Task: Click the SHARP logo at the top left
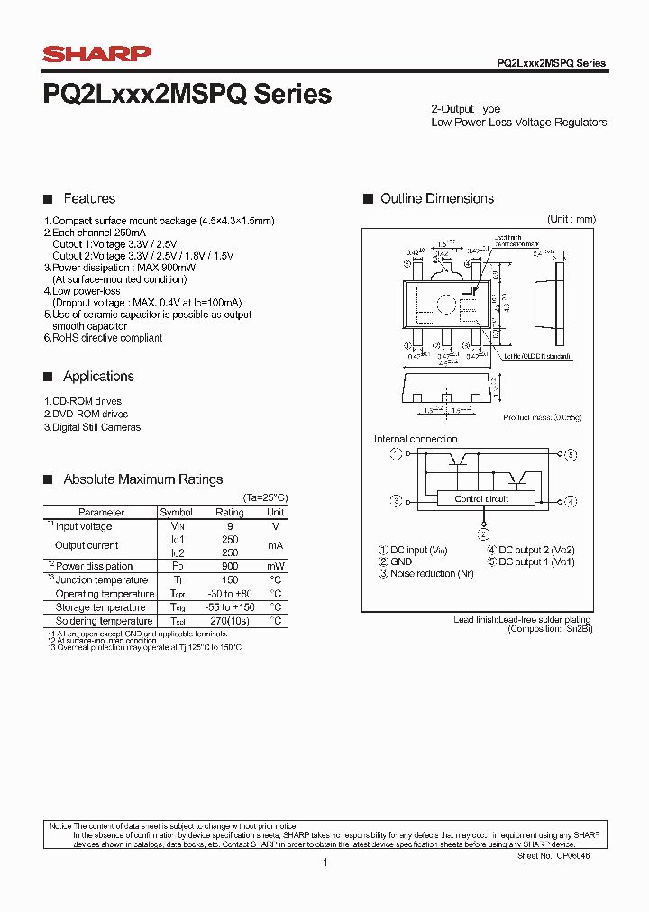pyautogui.click(x=97, y=55)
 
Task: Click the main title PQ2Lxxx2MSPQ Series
pyautogui.click(x=187, y=94)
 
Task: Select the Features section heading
pyautogui.click(x=89, y=198)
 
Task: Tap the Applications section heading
pyautogui.click(x=98, y=377)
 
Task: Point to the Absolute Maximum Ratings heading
pyautogui.click(x=142, y=479)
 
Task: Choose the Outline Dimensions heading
pyautogui.click(x=437, y=198)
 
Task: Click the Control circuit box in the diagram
pyautogui.click(x=481, y=498)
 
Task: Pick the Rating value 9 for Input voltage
pyautogui.click(x=230, y=526)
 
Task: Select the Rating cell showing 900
pyautogui.click(x=230, y=566)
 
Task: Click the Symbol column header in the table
pyautogui.click(x=176, y=512)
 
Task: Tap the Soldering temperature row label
pyautogui.click(x=104, y=621)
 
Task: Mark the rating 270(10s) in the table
pyautogui.click(x=230, y=621)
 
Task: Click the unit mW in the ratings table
pyautogui.click(x=276, y=566)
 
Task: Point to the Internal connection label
pyautogui.click(x=416, y=440)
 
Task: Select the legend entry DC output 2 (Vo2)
pyautogui.click(x=532, y=550)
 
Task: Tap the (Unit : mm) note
pyautogui.click(x=571, y=220)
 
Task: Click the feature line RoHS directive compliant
pyautogui.click(x=104, y=338)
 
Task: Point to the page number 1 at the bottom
pyautogui.click(x=324, y=862)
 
